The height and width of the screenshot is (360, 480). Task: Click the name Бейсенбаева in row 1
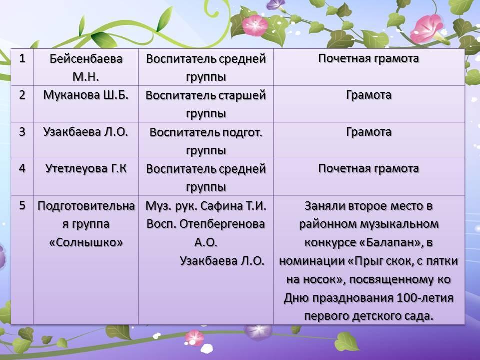tap(86, 59)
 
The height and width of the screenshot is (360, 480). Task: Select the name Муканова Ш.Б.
tap(86, 95)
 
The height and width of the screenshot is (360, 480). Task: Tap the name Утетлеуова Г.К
tap(86, 168)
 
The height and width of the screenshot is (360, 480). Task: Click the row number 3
tap(22, 132)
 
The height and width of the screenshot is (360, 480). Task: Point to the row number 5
tap(22, 205)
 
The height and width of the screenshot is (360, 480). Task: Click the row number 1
tap(22, 58)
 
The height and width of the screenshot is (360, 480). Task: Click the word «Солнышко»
tap(86, 242)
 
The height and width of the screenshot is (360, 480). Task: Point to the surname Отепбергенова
tap(222, 224)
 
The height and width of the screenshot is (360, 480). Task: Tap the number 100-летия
tap(425, 298)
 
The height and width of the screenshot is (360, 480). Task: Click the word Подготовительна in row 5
tap(86, 206)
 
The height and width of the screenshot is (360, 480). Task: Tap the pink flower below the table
tap(194, 338)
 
